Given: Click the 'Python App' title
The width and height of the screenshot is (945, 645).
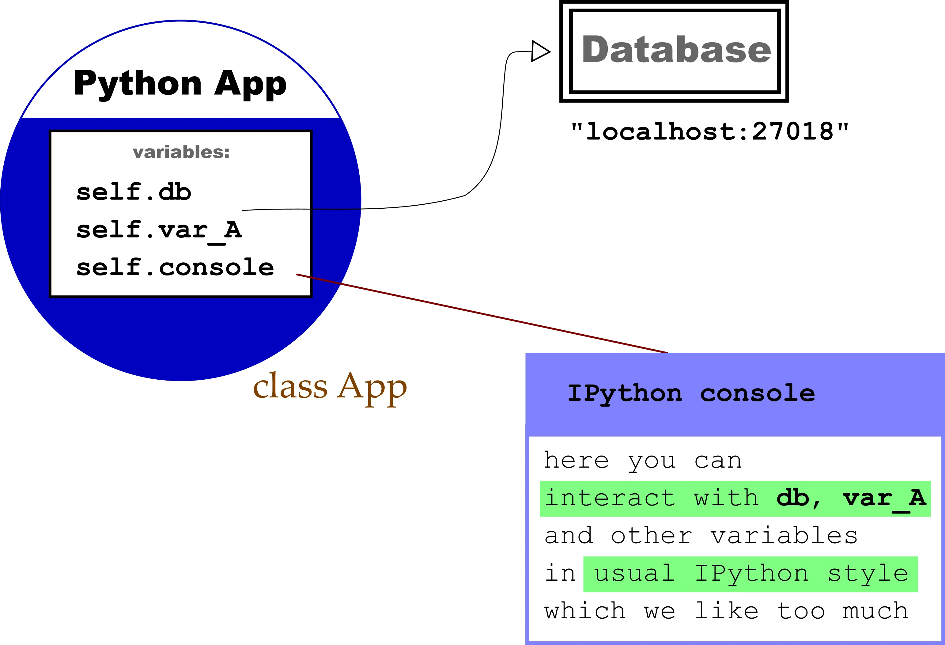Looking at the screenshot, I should tap(180, 83).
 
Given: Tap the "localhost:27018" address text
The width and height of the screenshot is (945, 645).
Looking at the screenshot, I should tap(709, 131).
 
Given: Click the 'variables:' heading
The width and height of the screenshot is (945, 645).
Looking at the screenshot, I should tap(181, 152).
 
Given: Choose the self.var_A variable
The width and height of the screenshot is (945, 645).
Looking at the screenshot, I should tap(159, 230).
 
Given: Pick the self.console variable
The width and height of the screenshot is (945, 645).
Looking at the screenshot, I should tap(175, 267).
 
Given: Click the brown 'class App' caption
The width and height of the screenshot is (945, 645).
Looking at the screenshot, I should tap(329, 386).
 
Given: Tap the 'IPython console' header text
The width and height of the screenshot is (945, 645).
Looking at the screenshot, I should tap(691, 393).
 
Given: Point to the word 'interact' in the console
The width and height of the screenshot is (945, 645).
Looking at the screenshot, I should tap(610, 498).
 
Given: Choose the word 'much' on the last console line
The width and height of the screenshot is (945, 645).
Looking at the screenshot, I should tap(875, 611).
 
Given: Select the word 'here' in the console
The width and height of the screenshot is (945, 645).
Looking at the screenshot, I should tap(576, 460).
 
